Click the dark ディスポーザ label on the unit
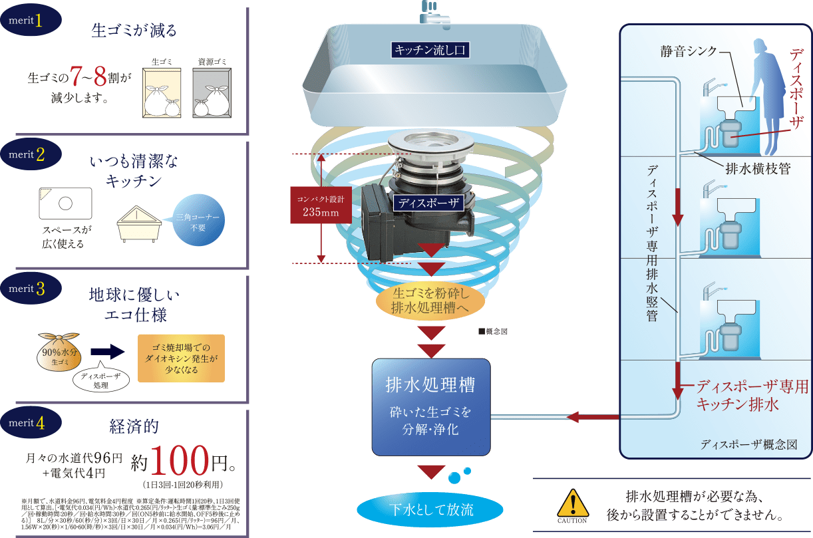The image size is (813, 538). coord(428,203)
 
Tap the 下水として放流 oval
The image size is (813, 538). coord(430,510)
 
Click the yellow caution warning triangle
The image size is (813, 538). coord(571,502)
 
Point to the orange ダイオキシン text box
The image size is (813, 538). coord(181,358)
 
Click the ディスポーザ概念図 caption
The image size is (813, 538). coord(748,444)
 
